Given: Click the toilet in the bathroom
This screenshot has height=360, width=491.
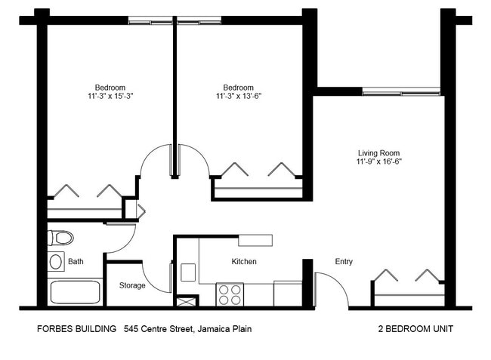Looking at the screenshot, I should coord(61,238).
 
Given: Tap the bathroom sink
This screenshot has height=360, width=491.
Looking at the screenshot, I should coord(56,262).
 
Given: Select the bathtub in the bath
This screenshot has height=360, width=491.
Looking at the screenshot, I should coord(75,291).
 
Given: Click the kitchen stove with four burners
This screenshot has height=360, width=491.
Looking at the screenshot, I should coord(230,294).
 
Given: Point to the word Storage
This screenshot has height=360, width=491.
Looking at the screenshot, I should coord(132,285).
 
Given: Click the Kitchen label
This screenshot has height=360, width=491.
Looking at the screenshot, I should coord(244,262).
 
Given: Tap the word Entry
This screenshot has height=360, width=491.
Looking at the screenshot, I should coord(344,262).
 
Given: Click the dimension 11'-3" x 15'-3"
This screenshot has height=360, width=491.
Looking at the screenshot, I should coord(110,97).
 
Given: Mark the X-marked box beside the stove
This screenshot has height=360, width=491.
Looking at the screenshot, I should coord(186,300).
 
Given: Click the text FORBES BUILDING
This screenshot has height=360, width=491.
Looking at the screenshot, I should coord(76,329).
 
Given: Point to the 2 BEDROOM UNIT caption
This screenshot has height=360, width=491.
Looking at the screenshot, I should coord(415,329).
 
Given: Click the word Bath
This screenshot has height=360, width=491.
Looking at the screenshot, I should coord(76,263).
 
